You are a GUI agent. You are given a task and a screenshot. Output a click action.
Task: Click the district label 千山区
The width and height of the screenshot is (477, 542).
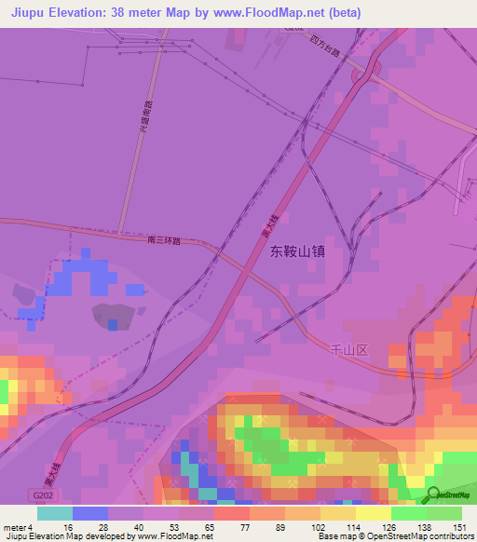[x=350, y=349]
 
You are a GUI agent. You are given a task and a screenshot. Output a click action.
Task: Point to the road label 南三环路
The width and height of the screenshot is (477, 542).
[x=163, y=240]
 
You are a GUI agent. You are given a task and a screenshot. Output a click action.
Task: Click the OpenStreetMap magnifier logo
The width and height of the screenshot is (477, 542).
[x=433, y=494]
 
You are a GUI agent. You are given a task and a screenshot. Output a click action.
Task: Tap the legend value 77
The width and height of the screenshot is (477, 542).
[x=220, y=527]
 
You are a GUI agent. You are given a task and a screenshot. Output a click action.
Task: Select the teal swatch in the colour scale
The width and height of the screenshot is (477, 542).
[x=54, y=513]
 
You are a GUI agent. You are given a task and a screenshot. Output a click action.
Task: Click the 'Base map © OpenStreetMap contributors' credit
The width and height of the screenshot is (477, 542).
[x=411, y=536]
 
